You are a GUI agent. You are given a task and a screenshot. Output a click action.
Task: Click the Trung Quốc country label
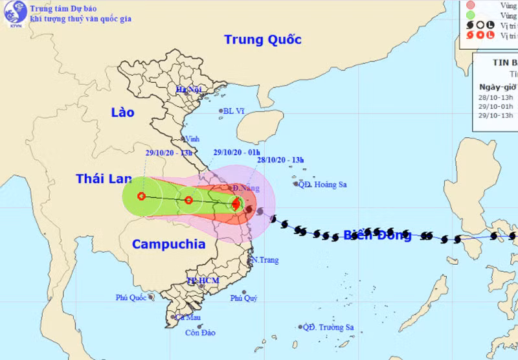tap(263, 39)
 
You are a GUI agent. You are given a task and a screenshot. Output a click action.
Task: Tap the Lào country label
tap(122, 112)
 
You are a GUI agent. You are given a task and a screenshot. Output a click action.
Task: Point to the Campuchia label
tap(168, 244)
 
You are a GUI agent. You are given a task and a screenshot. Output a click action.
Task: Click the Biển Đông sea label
tap(377, 235)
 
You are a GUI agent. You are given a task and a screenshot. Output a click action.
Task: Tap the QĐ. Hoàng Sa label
tap(322, 185)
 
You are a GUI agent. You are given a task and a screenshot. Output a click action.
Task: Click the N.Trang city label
tap(264, 260)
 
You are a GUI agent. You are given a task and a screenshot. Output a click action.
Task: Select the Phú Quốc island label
tap(132, 298)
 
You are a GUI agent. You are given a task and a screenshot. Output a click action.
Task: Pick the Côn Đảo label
tap(199, 333)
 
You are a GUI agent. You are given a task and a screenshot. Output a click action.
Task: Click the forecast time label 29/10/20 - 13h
tap(169, 153)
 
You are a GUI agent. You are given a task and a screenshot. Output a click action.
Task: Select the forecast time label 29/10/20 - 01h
tap(237, 153)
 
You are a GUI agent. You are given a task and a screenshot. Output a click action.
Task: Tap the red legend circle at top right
tap(471, 5)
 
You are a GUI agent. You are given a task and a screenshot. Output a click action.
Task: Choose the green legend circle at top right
tap(471, 15)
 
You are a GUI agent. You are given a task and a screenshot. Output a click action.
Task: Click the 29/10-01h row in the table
tap(495, 106)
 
